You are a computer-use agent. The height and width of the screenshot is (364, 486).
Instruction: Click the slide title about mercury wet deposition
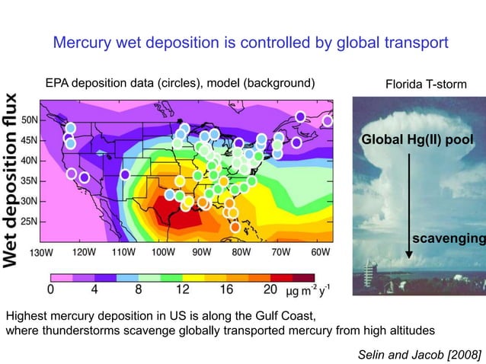[251, 43]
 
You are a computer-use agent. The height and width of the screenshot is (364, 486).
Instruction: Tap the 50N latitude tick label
[31, 120]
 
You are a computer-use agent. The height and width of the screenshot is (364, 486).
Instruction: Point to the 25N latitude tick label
[31, 222]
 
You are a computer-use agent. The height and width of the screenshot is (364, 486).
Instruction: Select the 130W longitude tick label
[41, 251]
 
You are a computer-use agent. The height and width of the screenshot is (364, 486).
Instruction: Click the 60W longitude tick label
[321, 251]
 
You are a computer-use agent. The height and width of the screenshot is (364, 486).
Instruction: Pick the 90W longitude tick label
[201, 251]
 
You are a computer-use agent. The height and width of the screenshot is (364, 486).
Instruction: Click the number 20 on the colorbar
[270, 289]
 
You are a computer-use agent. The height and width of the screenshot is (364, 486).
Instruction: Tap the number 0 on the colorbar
[50, 289]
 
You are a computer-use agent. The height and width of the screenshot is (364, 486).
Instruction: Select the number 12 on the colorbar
[182, 289]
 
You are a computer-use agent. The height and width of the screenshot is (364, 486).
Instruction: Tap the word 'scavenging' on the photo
[448, 240]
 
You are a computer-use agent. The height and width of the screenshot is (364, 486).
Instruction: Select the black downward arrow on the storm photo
[410, 206]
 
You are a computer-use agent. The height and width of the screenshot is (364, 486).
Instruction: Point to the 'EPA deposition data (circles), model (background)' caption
[180, 82]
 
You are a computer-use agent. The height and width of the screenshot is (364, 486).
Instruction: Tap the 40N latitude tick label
[31, 161]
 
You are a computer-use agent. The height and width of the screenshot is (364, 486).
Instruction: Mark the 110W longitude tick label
[122, 251]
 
